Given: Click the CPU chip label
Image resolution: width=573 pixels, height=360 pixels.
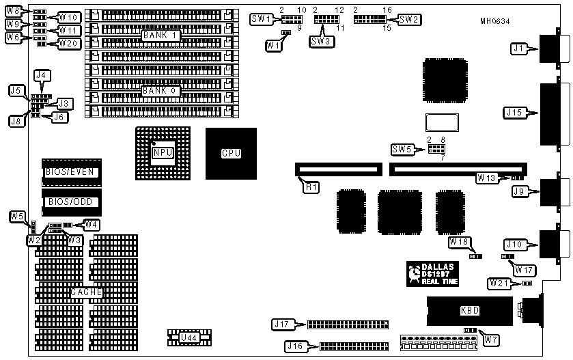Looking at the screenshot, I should coord(231,153).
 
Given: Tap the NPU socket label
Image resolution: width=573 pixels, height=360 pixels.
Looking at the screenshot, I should coord(163,152).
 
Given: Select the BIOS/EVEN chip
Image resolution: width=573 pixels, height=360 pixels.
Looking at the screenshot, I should coord(70,171).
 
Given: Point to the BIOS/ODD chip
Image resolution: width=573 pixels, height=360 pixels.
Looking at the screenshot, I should coord(70,202).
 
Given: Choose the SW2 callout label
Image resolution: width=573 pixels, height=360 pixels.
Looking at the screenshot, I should coord(408,19).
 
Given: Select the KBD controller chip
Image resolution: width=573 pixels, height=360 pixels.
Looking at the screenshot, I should coord(470,311).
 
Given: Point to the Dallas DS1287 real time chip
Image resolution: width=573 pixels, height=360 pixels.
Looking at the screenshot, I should coord(432,273).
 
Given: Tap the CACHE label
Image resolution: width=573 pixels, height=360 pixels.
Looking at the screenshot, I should coord(87,292).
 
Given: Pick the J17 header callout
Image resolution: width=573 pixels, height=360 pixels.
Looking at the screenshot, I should coord(283,324).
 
